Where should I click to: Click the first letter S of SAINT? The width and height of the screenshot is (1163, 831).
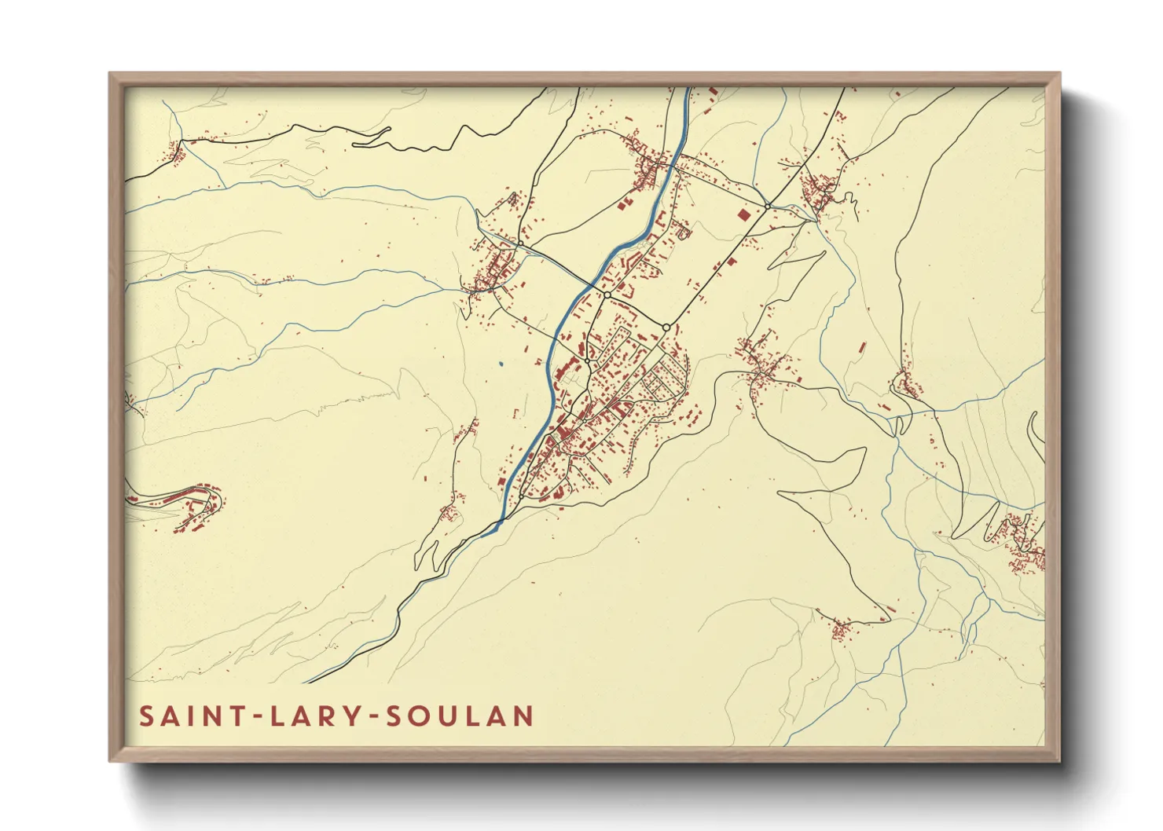tap(147, 716)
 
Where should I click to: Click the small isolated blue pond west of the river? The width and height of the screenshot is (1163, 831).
tap(500, 364)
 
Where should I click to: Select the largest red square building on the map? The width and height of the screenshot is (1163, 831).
tap(743, 213)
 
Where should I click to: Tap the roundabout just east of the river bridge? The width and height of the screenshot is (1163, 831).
tap(607, 295)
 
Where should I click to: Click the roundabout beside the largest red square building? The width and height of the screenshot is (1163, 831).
tap(767, 206)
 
